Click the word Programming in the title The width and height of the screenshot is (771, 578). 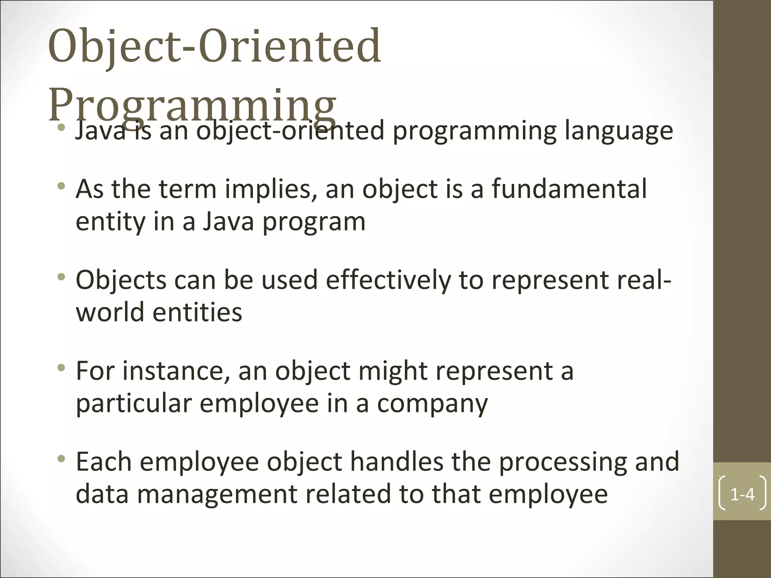point(192,103)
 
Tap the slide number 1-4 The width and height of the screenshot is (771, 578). point(742,494)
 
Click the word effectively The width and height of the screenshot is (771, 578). point(388,280)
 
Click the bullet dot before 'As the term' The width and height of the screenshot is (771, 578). point(61,186)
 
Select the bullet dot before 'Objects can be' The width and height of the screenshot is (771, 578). point(61,278)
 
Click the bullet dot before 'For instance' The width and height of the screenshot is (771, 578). point(61,368)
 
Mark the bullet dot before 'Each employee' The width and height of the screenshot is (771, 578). point(61,459)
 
